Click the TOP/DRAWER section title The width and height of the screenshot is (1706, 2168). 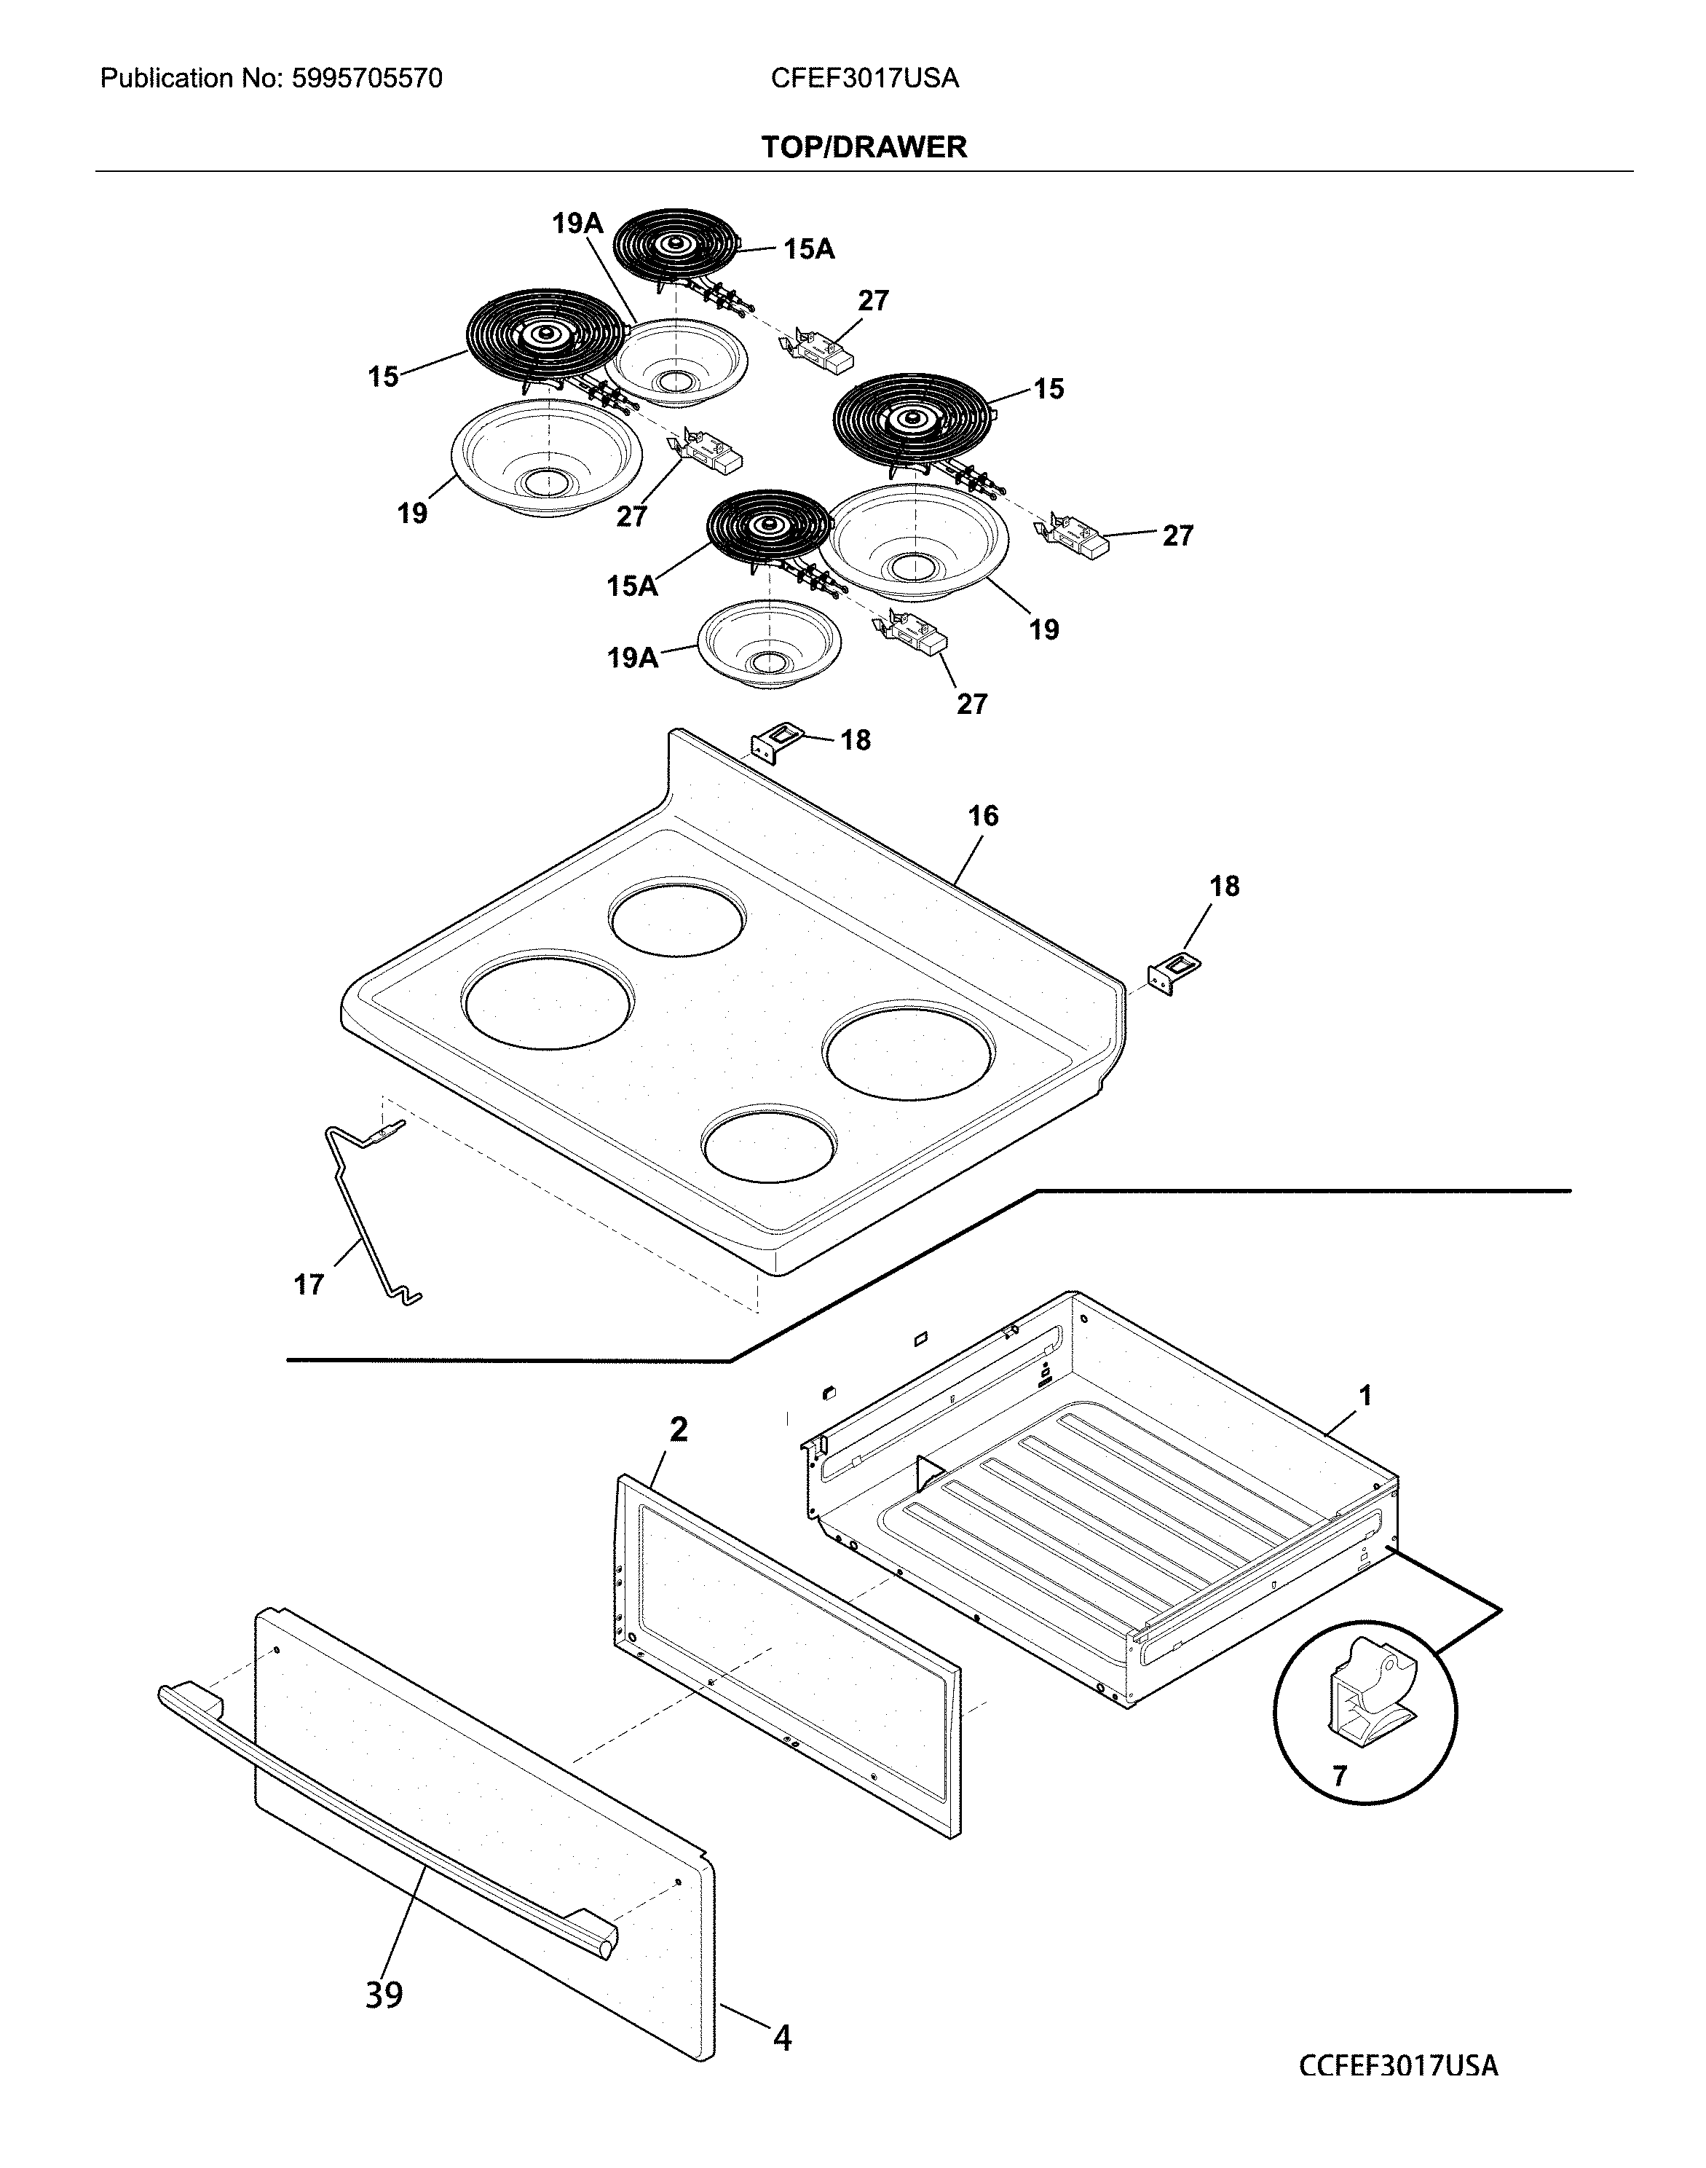(x=864, y=147)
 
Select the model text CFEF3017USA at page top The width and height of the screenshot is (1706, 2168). (x=864, y=79)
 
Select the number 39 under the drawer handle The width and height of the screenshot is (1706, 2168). (x=384, y=1996)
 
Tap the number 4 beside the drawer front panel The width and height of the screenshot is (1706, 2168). (x=782, y=2038)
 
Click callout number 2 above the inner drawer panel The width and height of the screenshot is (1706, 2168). (x=678, y=1431)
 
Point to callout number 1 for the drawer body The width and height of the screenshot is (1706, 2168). (x=1365, y=1396)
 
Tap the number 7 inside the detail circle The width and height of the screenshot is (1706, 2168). (x=1340, y=1775)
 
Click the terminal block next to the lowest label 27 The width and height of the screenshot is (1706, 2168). (x=911, y=633)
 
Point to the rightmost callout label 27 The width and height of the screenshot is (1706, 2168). (x=1177, y=536)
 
